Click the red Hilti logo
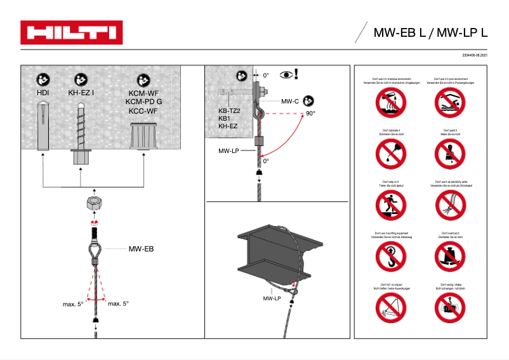70,32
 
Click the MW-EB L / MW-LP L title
430,33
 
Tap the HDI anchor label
43,92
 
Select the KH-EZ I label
81,92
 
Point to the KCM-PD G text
143,101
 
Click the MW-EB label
141,250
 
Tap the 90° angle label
310,113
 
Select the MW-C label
290,101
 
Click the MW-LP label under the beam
272,298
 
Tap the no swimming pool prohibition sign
450,102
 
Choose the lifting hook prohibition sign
388,257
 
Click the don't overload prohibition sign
450,257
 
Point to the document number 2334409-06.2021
470,57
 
